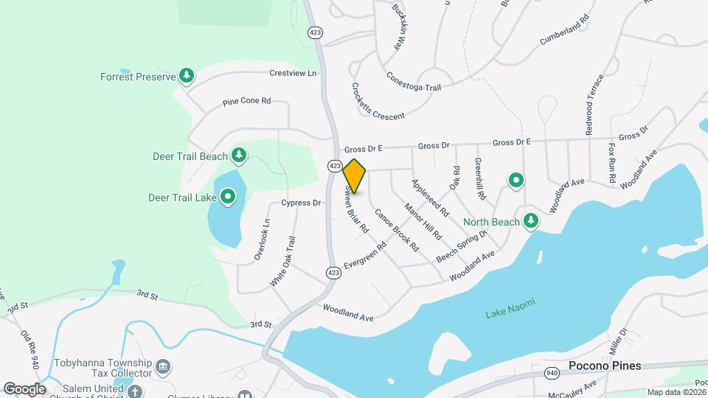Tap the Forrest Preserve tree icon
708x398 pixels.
click(x=187, y=76)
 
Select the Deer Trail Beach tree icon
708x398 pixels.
click(x=238, y=156)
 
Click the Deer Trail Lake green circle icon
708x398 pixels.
click(x=228, y=196)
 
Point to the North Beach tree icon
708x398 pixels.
click(x=530, y=220)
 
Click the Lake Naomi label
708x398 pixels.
click(x=510, y=308)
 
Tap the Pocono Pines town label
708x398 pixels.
click(x=605, y=366)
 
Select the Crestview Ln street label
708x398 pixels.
click(x=293, y=74)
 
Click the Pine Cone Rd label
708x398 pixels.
click(x=247, y=102)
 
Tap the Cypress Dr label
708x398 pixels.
click(x=302, y=203)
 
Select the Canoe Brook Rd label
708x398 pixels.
click(x=397, y=230)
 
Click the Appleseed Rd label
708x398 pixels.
click(x=431, y=197)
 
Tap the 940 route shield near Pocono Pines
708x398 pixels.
click(x=552, y=373)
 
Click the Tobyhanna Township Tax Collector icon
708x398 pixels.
click(x=164, y=366)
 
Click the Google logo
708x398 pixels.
click(x=24, y=388)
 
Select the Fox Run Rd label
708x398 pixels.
click(x=612, y=163)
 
